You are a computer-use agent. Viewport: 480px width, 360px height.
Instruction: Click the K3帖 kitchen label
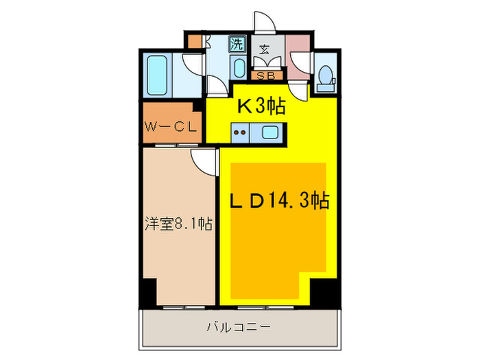[x=261, y=106]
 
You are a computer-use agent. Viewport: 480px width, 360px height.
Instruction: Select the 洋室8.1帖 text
[x=178, y=224]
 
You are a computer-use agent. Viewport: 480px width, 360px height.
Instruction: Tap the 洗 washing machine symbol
[x=237, y=46]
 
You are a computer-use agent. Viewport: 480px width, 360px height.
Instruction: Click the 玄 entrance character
[x=264, y=49]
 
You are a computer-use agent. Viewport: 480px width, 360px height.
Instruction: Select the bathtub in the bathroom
[x=159, y=75]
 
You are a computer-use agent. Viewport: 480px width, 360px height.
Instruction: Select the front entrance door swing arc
[x=264, y=22]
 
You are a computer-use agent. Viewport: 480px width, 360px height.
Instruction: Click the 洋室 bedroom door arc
[x=204, y=162]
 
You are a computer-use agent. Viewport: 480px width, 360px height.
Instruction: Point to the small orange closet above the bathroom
[x=195, y=41]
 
